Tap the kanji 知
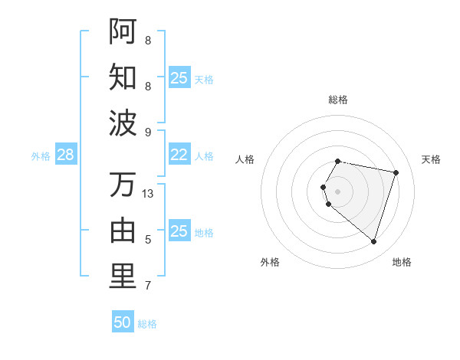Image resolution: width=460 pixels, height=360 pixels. pyautogui.click(x=123, y=77)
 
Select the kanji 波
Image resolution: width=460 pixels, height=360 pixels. pyautogui.click(x=123, y=123)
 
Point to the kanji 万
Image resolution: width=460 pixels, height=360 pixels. pyautogui.click(x=123, y=185)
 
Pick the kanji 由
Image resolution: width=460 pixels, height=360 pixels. pyautogui.click(x=123, y=231)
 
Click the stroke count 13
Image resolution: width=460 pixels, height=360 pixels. pyautogui.click(x=148, y=194)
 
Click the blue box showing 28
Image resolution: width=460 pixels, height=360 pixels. pyautogui.click(x=65, y=155)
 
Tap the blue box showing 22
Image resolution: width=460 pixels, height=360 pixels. pyautogui.click(x=179, y=155)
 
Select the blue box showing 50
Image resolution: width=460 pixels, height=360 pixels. pyautogui.click(x=123, y=322)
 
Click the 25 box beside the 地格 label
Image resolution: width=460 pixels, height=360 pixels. pyautogui.click(x=179, y=231)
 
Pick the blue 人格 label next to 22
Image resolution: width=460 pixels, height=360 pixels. pyautogui.click(x=204, y=155)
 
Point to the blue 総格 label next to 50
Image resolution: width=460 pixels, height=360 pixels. pyautogui.click(x=147, y=324)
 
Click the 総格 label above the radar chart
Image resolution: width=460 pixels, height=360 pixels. pyautogui.click(x=338, y=100)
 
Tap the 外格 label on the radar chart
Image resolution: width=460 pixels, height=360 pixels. pyautogui.click(x=270, y=262)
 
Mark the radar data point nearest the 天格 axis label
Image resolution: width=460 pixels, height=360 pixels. pyautogui.click(x=396, y=172)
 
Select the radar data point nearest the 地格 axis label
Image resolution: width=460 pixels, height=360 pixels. pyautogui.click(x=373, y=242)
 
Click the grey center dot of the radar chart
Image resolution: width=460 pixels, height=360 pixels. pyautogui.click(x=338, y=191)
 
